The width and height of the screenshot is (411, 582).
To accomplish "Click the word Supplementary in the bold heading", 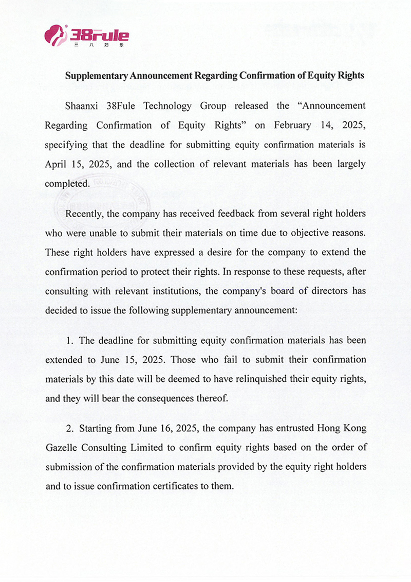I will tap(96, 76).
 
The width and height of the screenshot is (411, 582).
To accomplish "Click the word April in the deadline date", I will tap(56, 165).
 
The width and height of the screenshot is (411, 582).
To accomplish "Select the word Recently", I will tap(85, 213).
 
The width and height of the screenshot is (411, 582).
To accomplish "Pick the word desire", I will tap(205, 252).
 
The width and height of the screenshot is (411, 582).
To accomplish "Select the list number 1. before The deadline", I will tap(69, 340).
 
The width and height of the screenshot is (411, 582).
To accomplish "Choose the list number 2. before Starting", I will tap(70, 428).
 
